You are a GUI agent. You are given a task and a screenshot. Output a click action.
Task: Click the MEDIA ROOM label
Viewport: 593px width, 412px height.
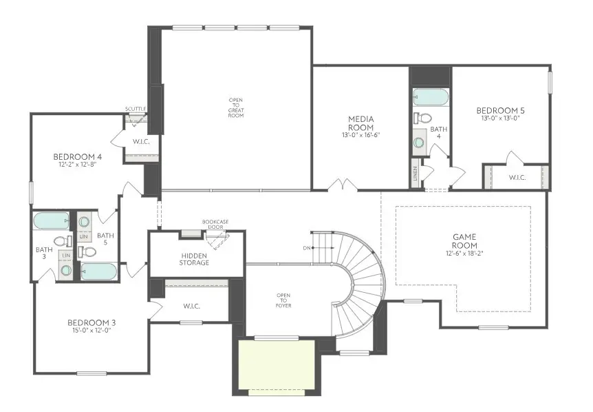tap(360, 123)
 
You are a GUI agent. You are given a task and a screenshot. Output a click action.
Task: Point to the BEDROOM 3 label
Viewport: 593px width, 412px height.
tap(91, 322)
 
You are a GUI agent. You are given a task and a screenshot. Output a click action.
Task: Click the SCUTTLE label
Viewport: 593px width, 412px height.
tap(136, 109)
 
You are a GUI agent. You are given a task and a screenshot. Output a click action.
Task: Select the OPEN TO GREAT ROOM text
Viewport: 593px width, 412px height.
tap(236, 107)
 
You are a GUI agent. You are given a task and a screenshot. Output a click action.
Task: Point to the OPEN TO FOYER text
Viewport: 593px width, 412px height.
tap(283, 301)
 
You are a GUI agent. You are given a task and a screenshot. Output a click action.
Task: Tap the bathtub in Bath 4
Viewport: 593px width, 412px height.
tap(431, 97)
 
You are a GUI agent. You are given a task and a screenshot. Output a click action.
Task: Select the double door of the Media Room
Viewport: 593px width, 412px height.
tap(342, 185)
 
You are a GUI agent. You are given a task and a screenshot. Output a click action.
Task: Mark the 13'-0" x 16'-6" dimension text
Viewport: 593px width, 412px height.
tap(360, 135)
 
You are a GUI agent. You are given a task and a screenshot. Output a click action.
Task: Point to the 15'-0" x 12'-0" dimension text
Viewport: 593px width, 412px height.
tap(91, 331)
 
